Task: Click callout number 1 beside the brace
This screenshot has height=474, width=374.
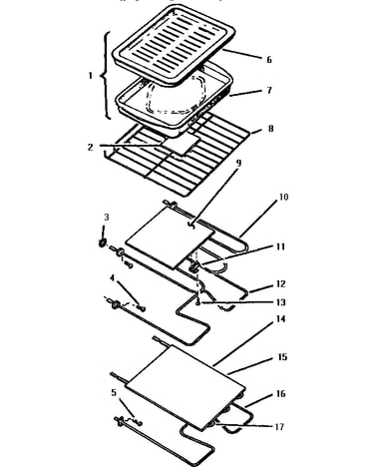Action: tap(90, 76)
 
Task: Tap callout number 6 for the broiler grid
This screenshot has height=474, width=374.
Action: tap(269, 60)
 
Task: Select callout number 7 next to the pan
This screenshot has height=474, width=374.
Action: tap(269, 90)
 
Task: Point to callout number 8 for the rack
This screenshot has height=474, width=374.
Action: tap(270, 129)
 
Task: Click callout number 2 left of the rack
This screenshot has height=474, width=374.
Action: tap(91, 147)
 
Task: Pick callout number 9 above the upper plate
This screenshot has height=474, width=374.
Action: tap(238, 163)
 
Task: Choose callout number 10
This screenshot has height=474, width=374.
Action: tap(283, 197)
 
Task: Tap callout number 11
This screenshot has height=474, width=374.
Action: tap(280, 246)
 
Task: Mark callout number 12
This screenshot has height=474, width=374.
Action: tap(281, 284)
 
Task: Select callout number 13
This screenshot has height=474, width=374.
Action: tap(281, 302)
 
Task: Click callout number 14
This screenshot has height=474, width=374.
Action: tap(281, 319)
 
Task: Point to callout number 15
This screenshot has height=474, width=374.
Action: tap(282, 357)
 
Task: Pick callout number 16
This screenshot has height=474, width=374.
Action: tap(281, 394)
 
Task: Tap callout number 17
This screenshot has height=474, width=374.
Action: tap(279, 427)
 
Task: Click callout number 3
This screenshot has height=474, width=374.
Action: tap(107, 218)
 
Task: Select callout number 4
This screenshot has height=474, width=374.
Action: tap(113, 277)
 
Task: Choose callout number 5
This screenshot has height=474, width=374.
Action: tap(114, 393)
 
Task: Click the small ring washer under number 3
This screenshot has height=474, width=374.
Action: tap(102, 243)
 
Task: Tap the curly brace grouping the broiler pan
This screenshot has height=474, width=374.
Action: tap(105, 76)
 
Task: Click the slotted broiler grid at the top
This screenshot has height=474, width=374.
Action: tap(174, 45)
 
